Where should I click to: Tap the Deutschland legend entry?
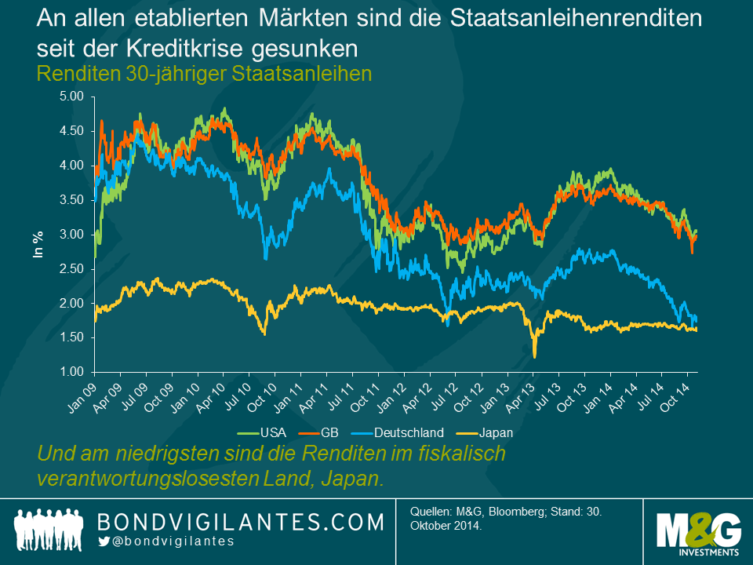[407, 432]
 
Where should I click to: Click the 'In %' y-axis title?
[37, 243]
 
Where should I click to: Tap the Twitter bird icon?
[103, 541]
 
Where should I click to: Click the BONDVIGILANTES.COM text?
[240, 521]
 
